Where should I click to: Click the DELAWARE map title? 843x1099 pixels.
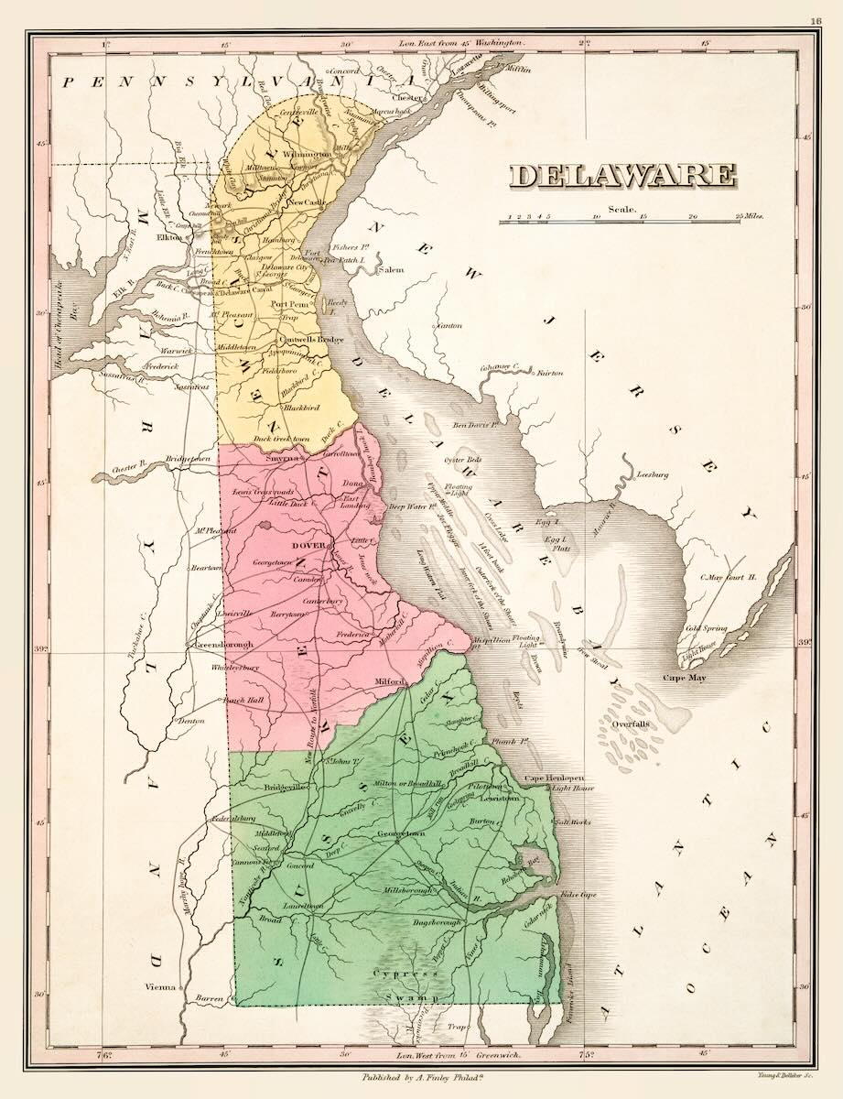pyautogui.click(x=623, y=175)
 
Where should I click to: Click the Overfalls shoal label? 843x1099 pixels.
pyautogui.click(x=626, y=723)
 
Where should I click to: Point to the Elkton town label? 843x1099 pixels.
pyautogui.click(x=170, y=236)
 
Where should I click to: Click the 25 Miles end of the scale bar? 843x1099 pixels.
pyautogui.click(x=748, y=217)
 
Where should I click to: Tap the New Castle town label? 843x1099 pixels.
pyautogui.click(x=308, y=201)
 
